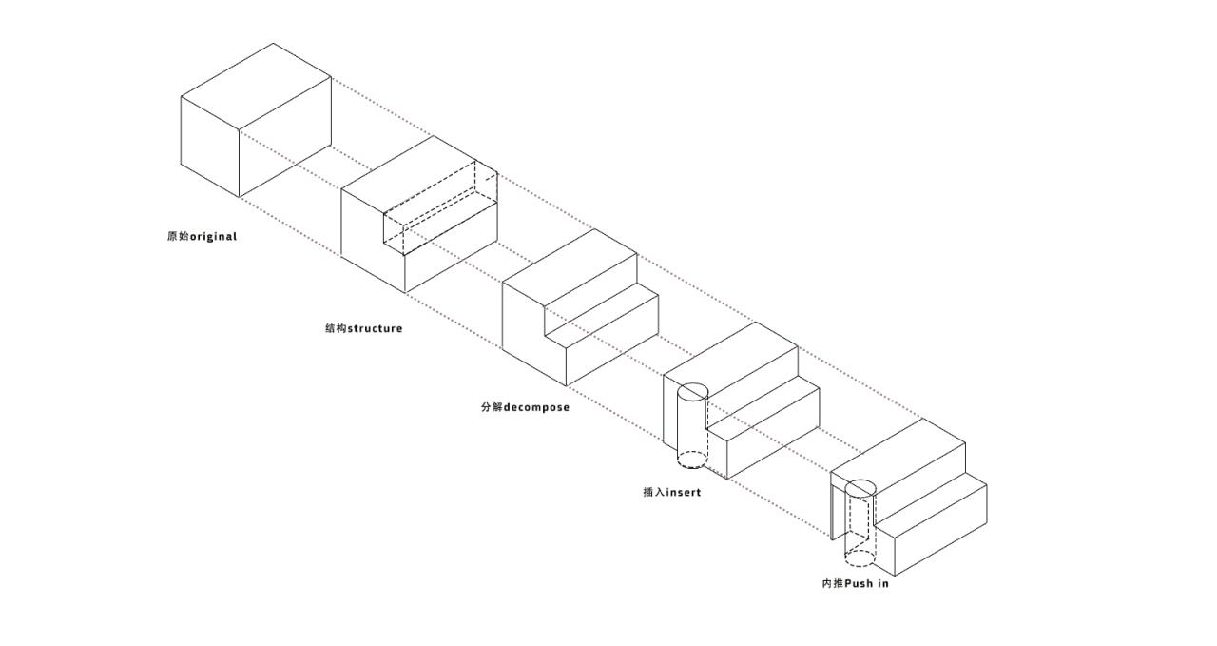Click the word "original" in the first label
213,237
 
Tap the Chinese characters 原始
178,237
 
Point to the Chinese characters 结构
336,329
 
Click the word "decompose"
536,408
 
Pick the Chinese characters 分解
492,408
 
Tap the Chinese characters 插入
653,493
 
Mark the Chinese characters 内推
832,583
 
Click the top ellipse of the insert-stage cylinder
692,391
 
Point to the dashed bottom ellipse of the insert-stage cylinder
692,460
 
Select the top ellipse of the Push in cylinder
860,489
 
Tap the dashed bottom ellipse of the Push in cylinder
860,558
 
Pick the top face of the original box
257,86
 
